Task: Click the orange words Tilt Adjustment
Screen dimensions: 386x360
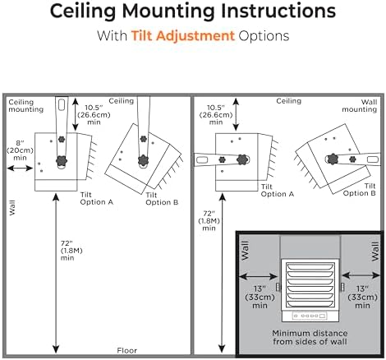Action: coord(183,36)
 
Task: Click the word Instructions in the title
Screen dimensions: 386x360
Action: coord(278,12)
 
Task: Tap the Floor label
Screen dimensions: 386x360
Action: coord(127,350)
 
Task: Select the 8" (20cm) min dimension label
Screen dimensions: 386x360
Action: coord(20,150)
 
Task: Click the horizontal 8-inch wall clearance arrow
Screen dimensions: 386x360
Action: coord(20,168)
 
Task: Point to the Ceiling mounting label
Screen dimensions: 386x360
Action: coord(25,106)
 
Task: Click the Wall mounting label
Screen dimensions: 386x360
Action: coord(359,106)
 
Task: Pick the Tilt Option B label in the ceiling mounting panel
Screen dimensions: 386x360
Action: coord(162,199)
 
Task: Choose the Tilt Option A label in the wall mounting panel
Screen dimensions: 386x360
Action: coord(277,191)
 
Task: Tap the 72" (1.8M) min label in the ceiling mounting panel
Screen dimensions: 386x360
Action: coord(71,251)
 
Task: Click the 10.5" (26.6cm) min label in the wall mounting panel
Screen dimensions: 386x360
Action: coord(216,115)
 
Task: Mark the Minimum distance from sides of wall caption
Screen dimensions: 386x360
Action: coord(310,337)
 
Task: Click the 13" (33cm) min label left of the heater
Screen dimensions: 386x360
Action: coord(260,297)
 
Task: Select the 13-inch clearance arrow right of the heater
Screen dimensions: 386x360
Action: coord(361,275)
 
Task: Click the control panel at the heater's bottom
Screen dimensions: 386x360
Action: coord(310,316)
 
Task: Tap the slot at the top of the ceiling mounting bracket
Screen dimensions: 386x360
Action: coord(62,104)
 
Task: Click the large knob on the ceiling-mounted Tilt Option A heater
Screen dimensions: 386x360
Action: coord(62,160)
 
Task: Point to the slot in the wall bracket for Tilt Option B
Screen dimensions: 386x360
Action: coord(373,159)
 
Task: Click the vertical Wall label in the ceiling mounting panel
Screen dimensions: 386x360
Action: coord(12,208)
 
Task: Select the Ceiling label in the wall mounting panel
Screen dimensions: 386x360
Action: coord(288,101)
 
